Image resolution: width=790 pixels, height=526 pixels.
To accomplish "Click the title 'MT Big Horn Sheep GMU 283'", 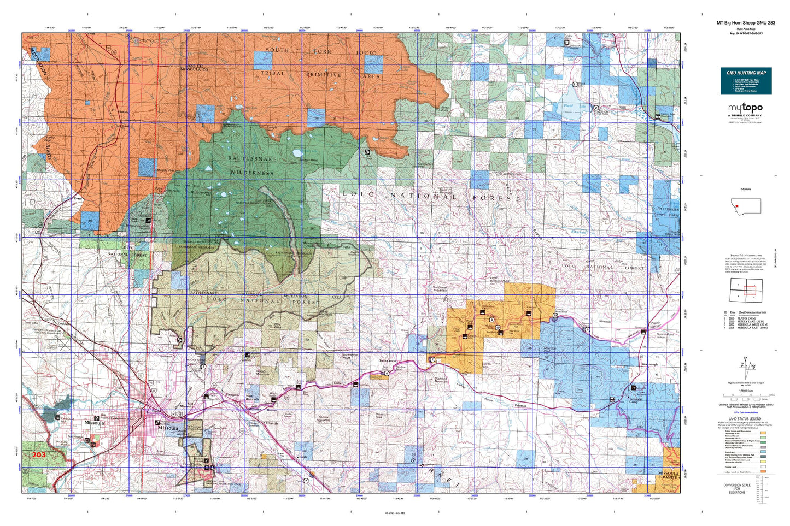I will coord(746,23).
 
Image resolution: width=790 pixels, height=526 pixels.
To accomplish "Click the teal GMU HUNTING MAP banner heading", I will coord(746,73).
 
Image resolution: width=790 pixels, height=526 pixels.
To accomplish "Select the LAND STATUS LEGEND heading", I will coord(746,418).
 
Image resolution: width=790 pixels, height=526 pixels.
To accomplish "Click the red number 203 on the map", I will coord(39,454).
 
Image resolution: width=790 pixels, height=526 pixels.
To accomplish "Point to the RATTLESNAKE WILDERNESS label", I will coord(251,165).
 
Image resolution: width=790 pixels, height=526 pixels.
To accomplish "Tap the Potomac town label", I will coord(520,406).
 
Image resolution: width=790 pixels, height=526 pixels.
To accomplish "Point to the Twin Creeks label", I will coord(388,362).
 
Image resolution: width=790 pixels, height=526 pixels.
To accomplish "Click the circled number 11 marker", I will coord(555,316).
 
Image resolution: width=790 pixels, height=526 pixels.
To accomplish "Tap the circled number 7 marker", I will coord(432,360).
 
